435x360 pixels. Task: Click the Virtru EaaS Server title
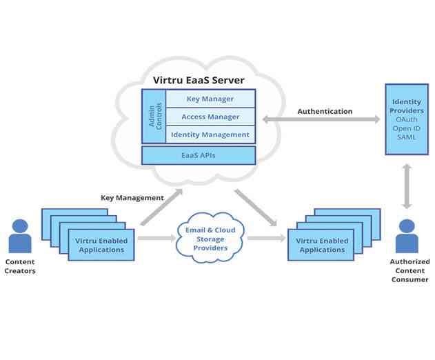pos(198,81)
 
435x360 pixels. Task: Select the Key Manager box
pos(210,99)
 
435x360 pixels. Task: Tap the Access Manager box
pos(210,117)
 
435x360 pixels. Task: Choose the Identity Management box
pos(210,134)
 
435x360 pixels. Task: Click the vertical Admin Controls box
pos(154,117)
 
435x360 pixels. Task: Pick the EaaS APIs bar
pos(198,155)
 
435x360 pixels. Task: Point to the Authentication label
pos(324,111)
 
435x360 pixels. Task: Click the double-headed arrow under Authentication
pos(321,119)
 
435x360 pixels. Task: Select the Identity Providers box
pos(407,119)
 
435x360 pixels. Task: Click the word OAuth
pos(407,120)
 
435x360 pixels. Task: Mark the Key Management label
pos(132,197)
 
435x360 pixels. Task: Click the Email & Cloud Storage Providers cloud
pos(210,239)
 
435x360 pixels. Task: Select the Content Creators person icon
pos(20,237)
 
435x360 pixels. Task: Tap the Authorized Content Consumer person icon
pos(407,237)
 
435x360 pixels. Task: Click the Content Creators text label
pos(20,266)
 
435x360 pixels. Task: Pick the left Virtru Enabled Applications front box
pos(101,245)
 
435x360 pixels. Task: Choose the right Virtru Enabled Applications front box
pos(321,245)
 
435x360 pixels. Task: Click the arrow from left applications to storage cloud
pos(156,238)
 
